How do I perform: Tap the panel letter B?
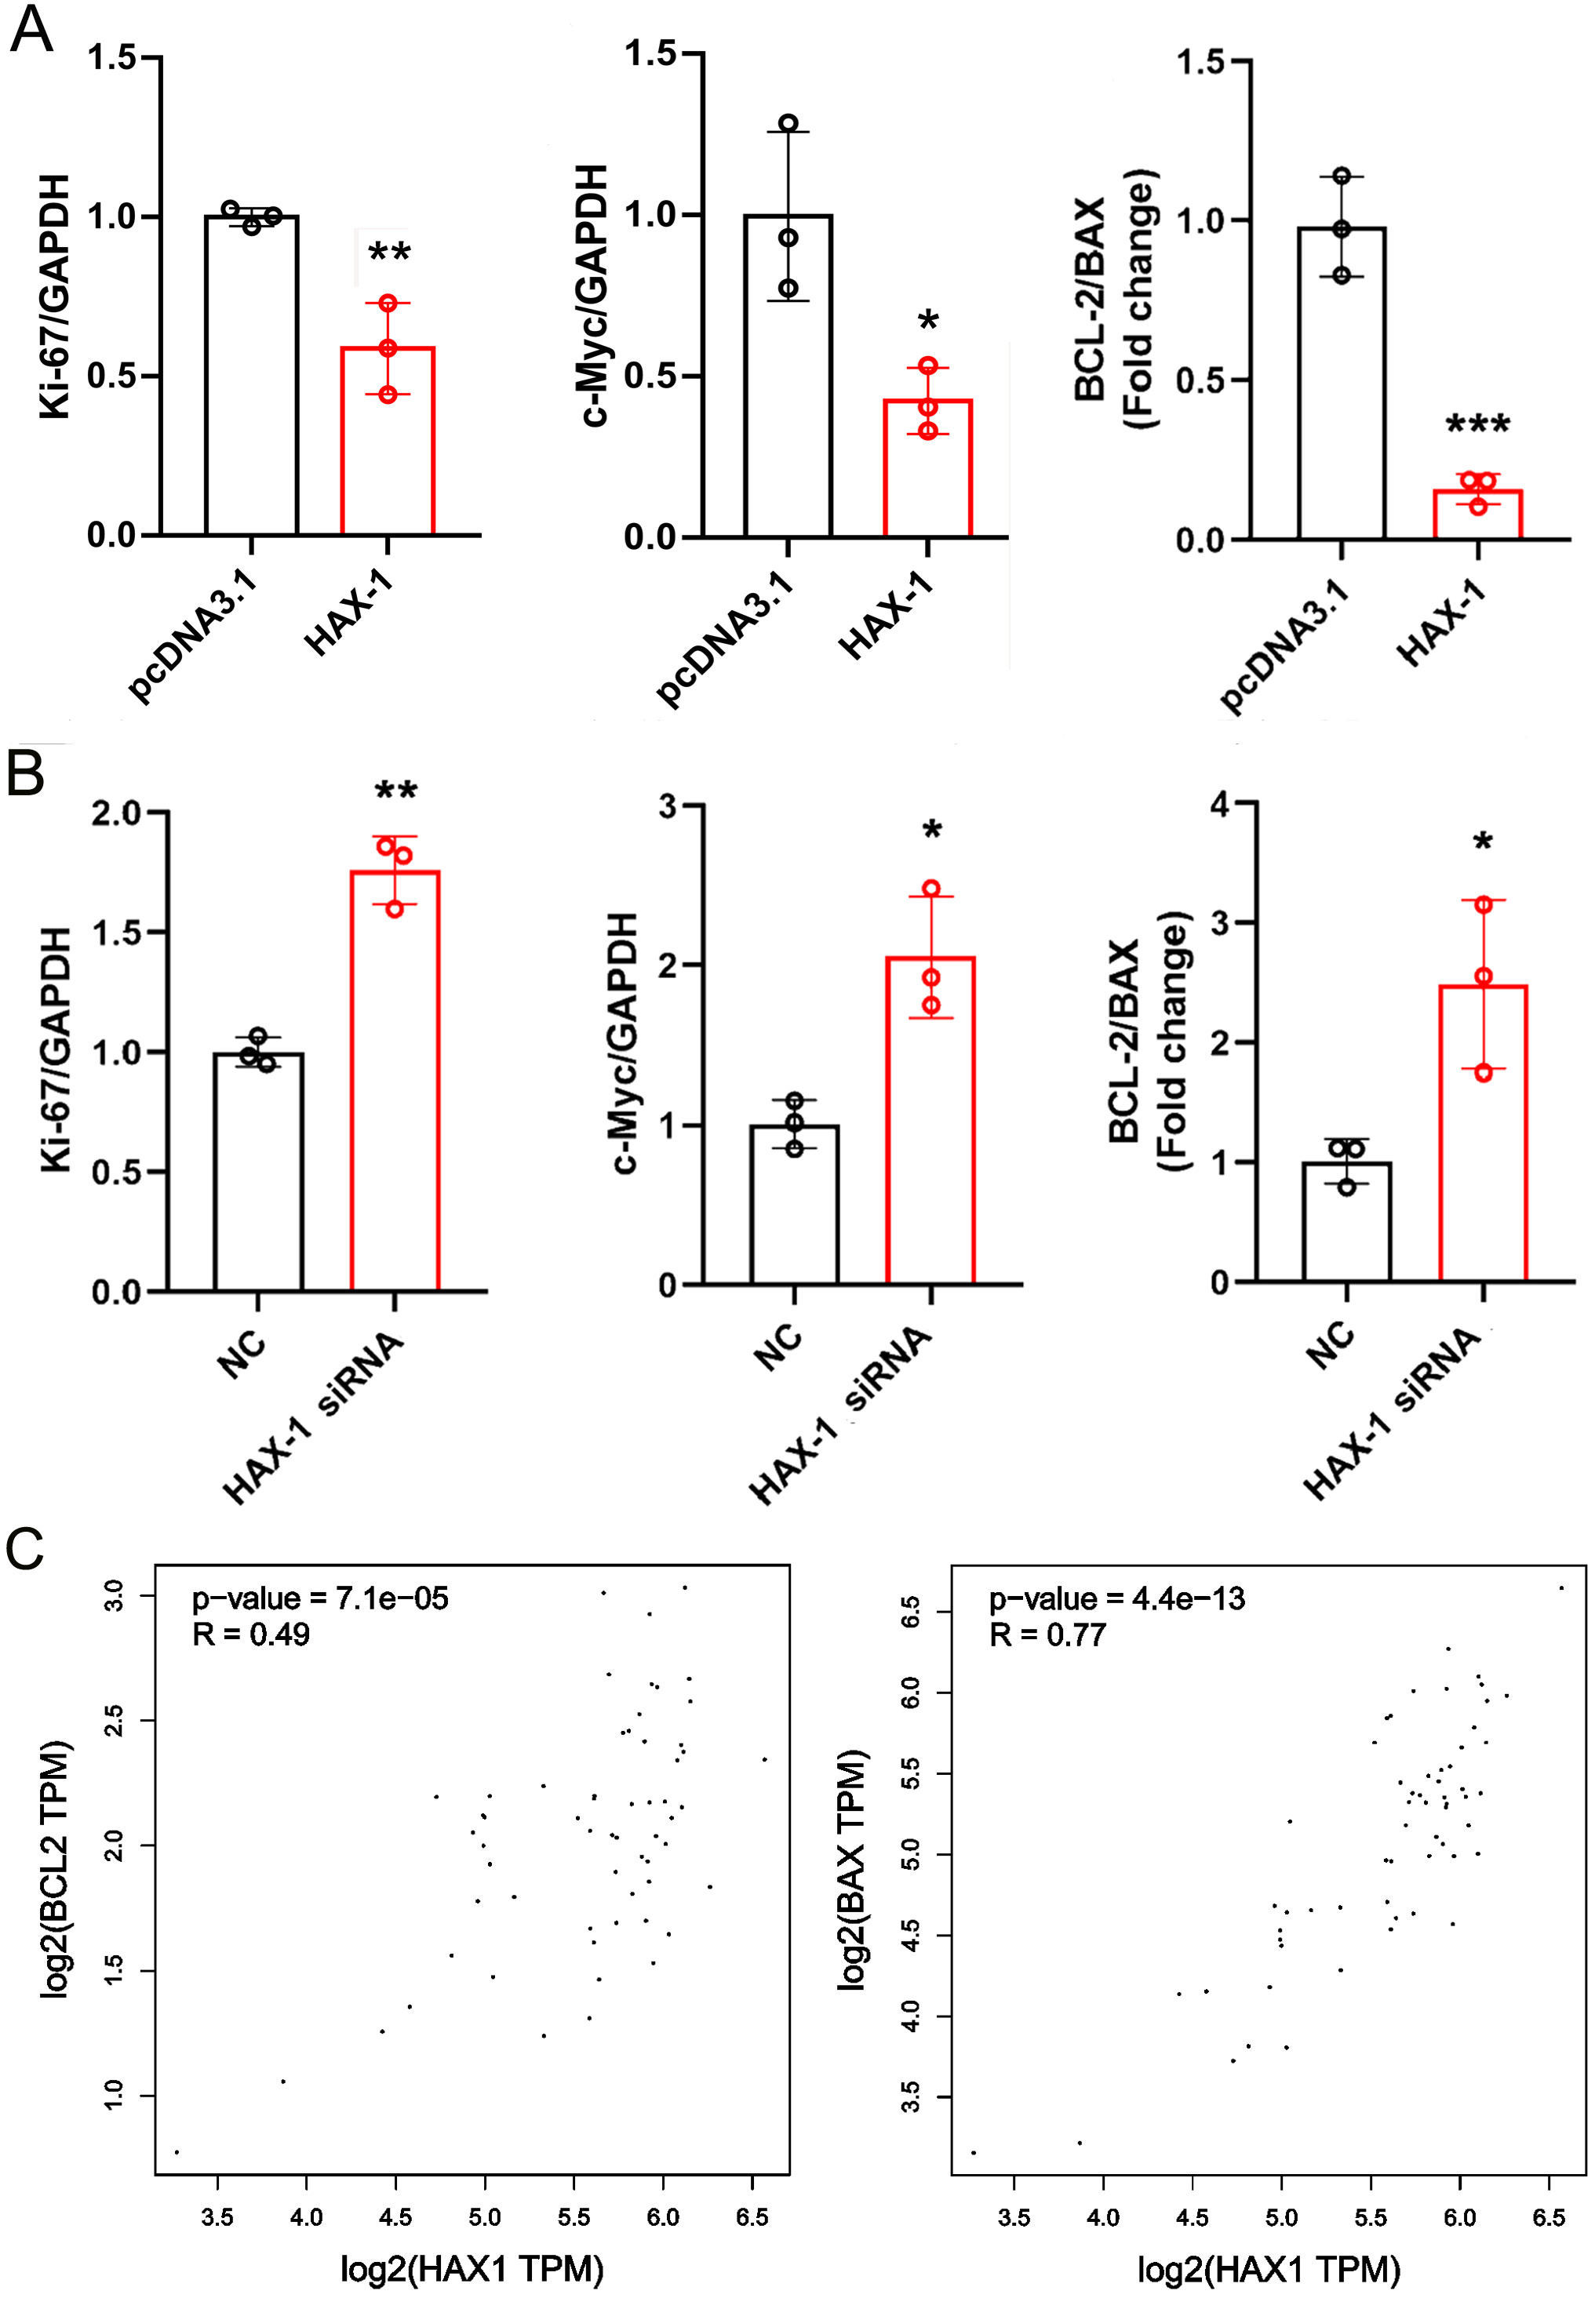pos(25,774)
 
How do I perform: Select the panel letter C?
pos(25,1550)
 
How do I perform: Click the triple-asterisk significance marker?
pos(1477,426)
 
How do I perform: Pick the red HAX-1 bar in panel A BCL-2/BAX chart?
pos(1477,515)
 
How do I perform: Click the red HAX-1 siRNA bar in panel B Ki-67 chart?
pos(395,1079)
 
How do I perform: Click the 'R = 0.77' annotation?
pos(1047,1635)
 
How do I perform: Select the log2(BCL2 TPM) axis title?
pos(57,1868)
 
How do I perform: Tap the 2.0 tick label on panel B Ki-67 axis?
pos(117,813)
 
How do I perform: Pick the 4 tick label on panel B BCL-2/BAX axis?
pos(1220,803)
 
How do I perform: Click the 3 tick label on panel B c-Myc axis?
pos(668,806)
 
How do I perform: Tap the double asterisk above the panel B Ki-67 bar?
pos(395,792)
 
